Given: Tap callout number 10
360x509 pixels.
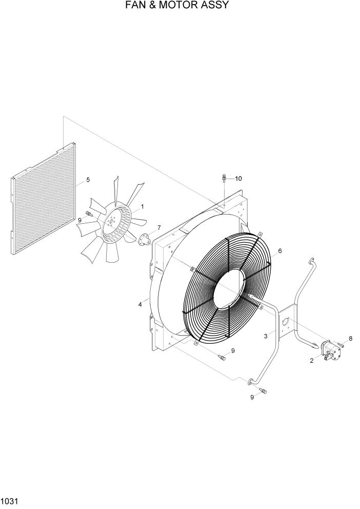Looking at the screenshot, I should [x=238, y=179].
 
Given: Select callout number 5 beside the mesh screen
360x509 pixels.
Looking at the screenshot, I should [x=88, y=180].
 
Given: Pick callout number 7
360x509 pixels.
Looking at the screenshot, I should [x=159, y=227].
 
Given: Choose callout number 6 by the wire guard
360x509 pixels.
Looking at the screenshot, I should [x=280, y=251].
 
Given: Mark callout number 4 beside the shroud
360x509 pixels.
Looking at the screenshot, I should [x=139, y=305].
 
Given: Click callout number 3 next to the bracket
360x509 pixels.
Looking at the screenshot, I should [x=266, y=336].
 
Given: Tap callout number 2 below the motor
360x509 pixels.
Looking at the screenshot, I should [x=312, y=361].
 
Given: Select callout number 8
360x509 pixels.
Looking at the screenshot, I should [x=351, y=338].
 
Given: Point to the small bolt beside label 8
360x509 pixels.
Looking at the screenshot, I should [x=341, y=345].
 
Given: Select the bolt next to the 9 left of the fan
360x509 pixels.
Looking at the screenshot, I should [x=90, y=213].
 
